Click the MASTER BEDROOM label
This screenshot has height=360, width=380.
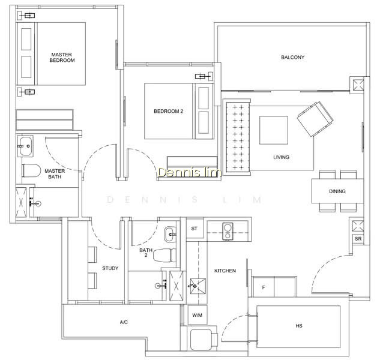tap(62, 58)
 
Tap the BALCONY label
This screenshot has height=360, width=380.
tap(292, 58)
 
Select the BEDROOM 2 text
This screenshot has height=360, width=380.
tap(169, 112)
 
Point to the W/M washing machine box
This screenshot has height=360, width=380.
tap(198, 315)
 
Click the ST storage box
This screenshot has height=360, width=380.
tap(195, 228)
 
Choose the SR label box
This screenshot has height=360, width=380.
tap(358, 239)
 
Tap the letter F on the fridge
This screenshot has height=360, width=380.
tap(264, 287)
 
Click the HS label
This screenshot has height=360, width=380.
tap(299, 326)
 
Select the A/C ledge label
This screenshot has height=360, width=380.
tap(124, 322)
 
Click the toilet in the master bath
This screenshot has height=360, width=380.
tap(31, 170)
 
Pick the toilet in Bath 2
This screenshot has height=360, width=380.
tap(164, 255)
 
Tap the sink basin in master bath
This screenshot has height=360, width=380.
tap(25, 146)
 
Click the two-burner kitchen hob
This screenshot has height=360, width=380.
tap(228, 232)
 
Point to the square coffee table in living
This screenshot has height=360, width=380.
tap(274, 130)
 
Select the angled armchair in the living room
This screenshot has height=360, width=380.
tap(315, 119)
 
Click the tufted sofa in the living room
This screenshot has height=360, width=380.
tap(237, 137)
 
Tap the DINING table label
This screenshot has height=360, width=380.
tap(337, 191)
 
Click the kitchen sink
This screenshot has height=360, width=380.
tap(198, 286)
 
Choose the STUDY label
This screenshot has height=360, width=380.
tap(110, 268)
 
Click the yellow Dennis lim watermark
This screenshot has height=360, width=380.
tap(189, 172)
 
